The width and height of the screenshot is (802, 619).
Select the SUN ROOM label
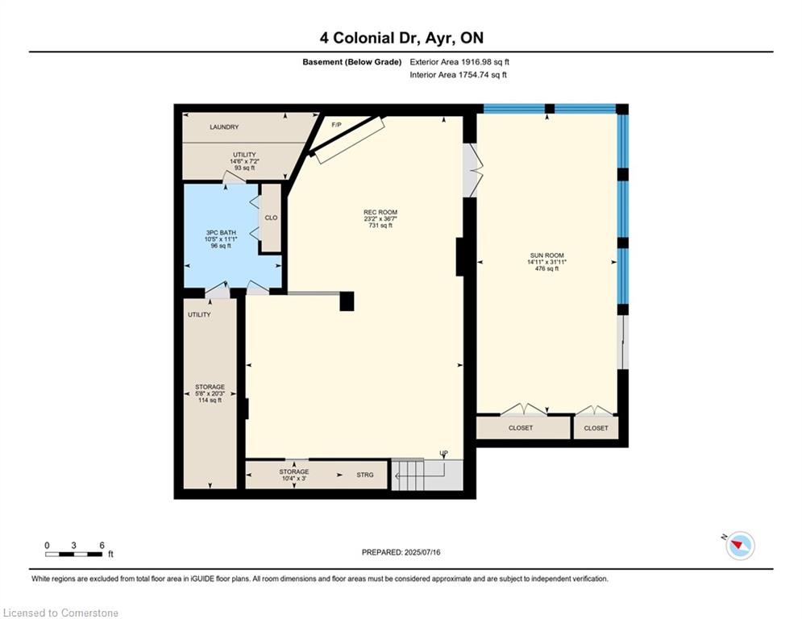545,255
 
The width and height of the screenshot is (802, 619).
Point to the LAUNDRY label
224,127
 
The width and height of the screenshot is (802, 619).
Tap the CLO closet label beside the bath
272,218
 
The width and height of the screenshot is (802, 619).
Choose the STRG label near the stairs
365,475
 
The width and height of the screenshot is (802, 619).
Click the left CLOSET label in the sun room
521,428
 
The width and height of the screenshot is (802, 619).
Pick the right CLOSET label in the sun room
596,428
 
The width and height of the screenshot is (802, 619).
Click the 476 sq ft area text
545,268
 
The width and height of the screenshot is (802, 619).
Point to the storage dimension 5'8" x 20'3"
210,393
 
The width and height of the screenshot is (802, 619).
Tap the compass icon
739,546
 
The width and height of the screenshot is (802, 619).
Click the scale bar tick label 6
102,546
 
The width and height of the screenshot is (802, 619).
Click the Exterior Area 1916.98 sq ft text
459,62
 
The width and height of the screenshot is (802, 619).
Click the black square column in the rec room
347,301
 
